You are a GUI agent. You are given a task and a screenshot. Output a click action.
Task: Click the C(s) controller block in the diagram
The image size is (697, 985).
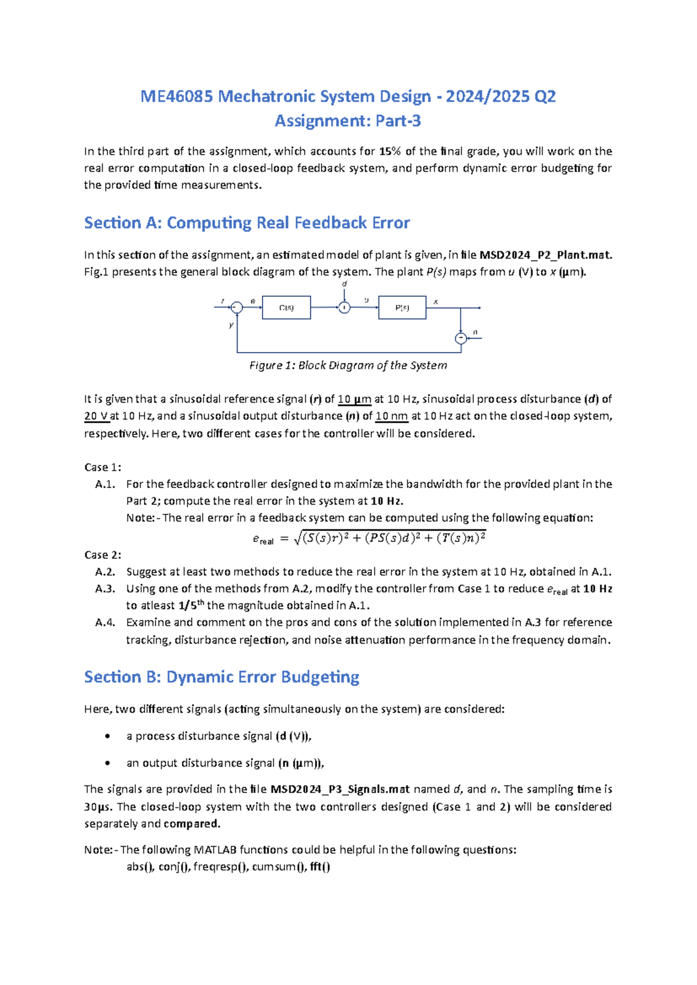286,308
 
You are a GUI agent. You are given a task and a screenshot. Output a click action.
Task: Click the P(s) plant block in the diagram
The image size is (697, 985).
402,308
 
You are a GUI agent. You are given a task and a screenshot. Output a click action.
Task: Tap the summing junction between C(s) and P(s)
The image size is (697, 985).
344,308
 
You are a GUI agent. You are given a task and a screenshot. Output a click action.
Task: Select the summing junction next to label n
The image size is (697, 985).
461,338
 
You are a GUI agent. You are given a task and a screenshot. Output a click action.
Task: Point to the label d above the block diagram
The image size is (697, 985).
344,284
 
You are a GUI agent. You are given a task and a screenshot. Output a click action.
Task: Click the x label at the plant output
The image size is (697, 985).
436,301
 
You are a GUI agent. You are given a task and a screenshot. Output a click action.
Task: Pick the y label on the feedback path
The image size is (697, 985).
231,325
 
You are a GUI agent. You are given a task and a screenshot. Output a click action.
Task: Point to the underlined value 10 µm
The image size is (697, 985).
354,399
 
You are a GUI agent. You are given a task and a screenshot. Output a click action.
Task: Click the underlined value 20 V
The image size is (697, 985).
96,416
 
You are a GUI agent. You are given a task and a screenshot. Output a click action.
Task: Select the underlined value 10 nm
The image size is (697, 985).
391,416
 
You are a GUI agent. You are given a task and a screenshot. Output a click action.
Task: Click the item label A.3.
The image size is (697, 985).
105,588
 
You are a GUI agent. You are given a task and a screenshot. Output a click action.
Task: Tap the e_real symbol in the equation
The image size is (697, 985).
263,539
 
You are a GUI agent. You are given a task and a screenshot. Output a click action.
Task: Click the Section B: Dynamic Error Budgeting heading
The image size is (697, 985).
221,677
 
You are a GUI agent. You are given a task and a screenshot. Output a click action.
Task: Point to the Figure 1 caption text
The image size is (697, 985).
348,365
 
